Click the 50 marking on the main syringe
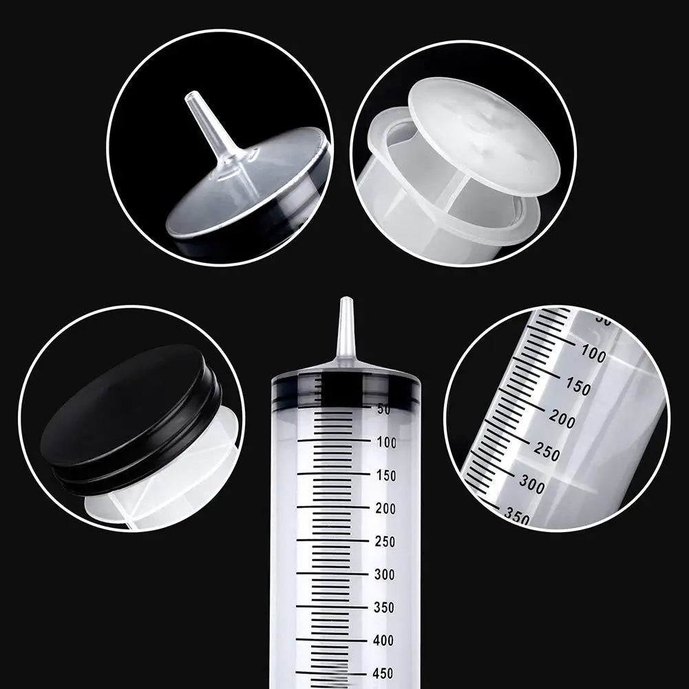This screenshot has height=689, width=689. click(x=384, y=410)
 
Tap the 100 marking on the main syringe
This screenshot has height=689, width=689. click(x=386, y=443)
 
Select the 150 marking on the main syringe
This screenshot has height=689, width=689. click(x=386, y=476)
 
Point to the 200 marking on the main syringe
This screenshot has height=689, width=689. click(x=386, y=509)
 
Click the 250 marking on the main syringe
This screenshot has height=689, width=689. click(x=386, y=542)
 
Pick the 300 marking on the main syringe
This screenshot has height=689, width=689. click(x=386, y=575)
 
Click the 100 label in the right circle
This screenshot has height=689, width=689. click(x=593, y=355)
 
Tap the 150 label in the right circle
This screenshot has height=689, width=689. click(x=577, y=388)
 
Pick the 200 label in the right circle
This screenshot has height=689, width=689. click(x=562, y=420)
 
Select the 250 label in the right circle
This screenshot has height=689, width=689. click(x=547, y=453)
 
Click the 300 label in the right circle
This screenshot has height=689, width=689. click(x=531, y=485)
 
